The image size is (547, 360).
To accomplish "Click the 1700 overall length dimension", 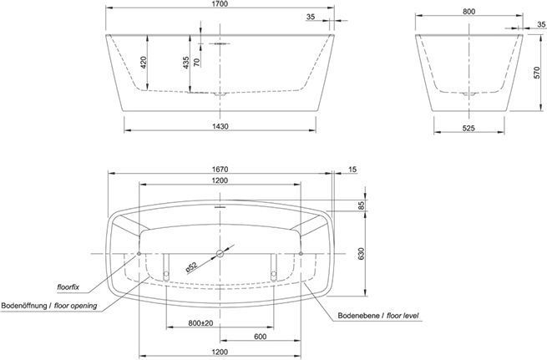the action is click(220, 4).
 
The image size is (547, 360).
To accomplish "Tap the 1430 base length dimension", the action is click(220, 126).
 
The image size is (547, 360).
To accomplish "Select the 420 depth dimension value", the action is click(143, 62).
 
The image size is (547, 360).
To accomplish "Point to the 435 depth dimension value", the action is click(186, 63).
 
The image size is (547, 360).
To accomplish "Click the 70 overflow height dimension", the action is click(197, 62).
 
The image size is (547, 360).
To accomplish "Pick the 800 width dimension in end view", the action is click(468, 12).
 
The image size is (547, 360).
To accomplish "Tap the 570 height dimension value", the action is click(537, 73).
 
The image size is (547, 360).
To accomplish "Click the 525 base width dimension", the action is click(468, 129).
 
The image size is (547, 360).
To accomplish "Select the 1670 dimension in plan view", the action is click(220, 170).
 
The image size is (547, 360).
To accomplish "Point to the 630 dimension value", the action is click(361, 254).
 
